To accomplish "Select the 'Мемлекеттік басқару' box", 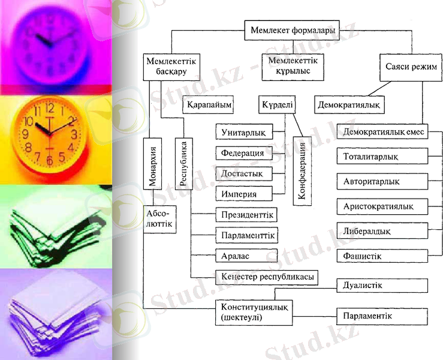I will point(171,66).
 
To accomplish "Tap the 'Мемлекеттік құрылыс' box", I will point(293,66).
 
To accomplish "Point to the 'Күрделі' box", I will point(277,104).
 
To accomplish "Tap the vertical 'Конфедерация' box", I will point(303,171).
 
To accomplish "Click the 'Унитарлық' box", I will point(244,131).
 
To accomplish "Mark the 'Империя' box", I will point(244,194).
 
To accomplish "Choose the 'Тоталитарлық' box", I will point(382,157).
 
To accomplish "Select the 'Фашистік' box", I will point(382,256).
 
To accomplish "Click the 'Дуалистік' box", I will point(382,286).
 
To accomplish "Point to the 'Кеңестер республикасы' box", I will point(266,277).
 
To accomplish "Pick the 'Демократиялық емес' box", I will point(382,131).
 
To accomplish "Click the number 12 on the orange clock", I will point(50,109).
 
